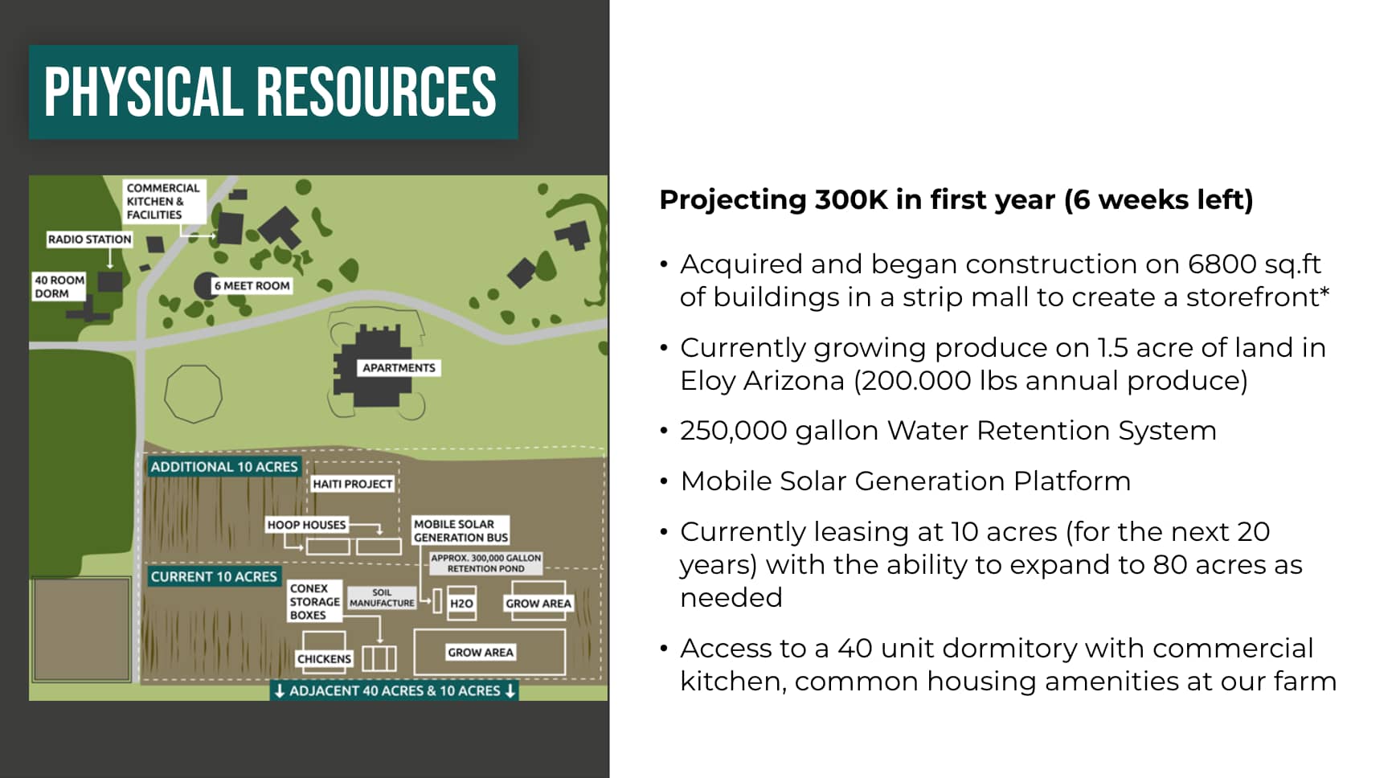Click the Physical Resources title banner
(273, 92)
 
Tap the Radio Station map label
(89, 239)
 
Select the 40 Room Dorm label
(59, 287)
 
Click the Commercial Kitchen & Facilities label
(164, 201)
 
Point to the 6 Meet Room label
(252, 285)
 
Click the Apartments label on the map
(399, 367)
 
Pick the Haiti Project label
(352, 484)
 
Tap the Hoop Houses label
(306, 525)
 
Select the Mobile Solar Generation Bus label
(461, 530)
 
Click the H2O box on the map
(461, 604)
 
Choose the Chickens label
(324, 659)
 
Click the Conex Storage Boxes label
(314, 601)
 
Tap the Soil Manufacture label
(382, 598)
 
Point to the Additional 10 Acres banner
(224, 467)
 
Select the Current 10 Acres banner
(214, 576)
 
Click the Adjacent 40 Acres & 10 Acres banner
(395, 690)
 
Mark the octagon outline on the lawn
(166, 394)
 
